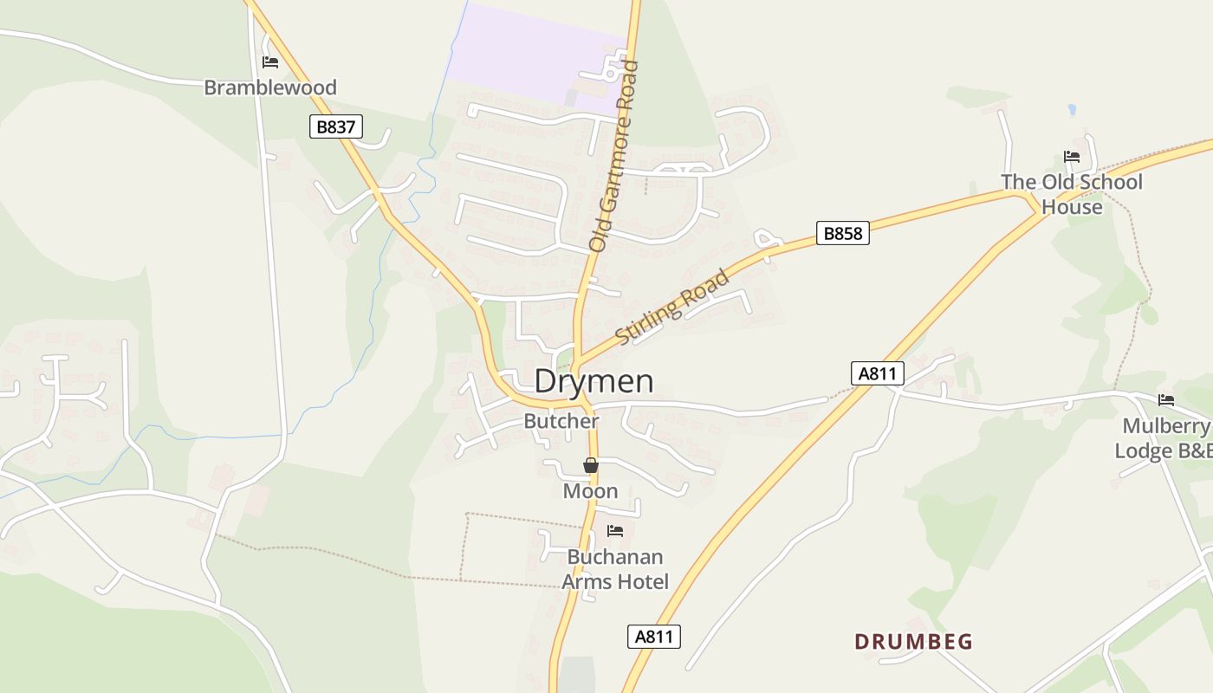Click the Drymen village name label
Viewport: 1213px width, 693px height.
click(594, 381)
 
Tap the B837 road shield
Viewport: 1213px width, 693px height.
click(335, 126)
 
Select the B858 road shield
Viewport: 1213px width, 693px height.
click(842, 232)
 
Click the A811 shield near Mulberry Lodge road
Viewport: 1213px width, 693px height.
click(877, 373)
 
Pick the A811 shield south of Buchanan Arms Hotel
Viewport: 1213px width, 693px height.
click(653, 637)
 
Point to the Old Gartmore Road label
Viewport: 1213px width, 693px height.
click(613, 156)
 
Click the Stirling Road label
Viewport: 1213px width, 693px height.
click(672, 308)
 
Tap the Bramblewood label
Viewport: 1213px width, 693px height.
click(270, 87)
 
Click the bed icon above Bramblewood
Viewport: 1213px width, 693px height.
click(270, 62)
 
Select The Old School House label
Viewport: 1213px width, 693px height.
click(1072, 194)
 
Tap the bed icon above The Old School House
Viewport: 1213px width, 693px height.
click(1072, 157)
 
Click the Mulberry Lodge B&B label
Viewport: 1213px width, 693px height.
click(1164, 438)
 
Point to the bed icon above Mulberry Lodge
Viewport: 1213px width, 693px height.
click(1166, 400)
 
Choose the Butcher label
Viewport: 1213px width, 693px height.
click(561, 421)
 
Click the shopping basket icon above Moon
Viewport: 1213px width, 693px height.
click(591, 466)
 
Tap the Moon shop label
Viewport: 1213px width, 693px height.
click(591, 491)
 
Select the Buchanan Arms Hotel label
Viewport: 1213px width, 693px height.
click(615, 569)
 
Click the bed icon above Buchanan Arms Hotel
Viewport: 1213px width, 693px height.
click(615, 530)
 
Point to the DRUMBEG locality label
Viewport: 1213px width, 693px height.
click(914, 642)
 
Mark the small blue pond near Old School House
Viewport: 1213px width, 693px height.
click(1072, 110)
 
